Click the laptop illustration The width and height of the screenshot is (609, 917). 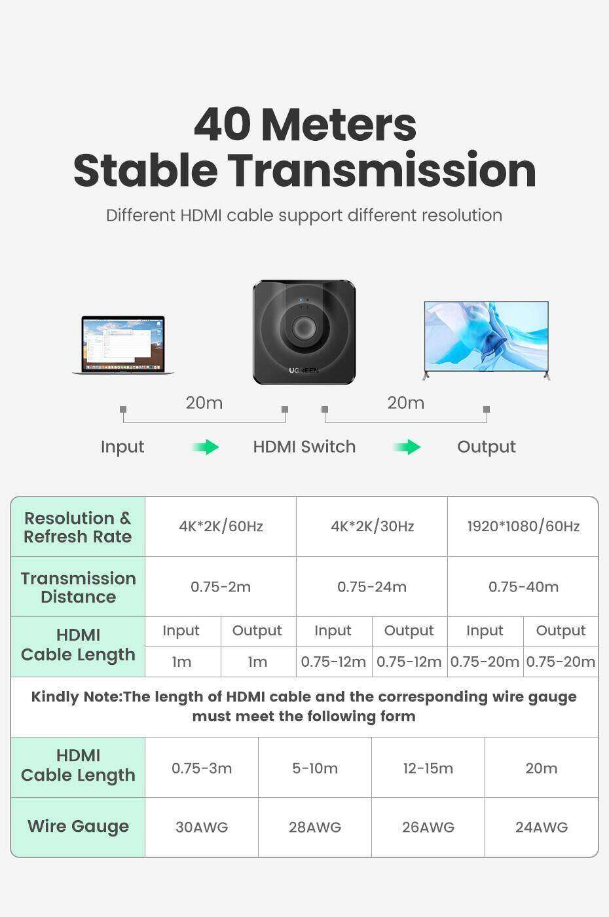click(x=123, y=345)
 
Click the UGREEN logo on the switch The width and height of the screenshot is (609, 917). click(x=304, y=370)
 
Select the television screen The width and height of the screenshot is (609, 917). click(x=486, y=336)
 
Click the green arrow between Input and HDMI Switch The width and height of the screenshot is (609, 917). click(x=206, y=447)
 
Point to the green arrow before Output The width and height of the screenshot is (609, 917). click(x=407, y=447)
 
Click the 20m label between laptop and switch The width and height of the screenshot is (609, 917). click(x=204, y=403)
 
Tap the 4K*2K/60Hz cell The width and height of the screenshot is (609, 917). click(x=221, y=526)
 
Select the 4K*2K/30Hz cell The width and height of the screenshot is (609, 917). click(x=372, y=526)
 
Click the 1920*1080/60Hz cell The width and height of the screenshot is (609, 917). click(x=523, y=526)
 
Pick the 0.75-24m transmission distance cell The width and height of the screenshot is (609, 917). click(x=372, y=587)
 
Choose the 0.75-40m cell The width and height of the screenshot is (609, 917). click(x=523, y=587)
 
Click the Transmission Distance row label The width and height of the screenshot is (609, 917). click(x=78, y=588)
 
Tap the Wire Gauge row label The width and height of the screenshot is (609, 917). click(x=78, y=827)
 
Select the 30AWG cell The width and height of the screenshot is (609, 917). click(x=202, y=827)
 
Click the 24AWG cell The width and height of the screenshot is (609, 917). click(x=542, y=827)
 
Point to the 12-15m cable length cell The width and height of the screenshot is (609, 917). click(x=428, y=768)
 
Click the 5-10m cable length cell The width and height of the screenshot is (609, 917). click(x=315, y=768)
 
